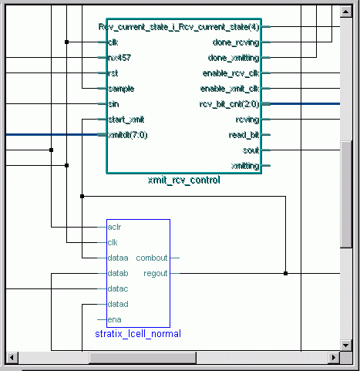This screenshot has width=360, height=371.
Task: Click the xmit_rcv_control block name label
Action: (184, 180)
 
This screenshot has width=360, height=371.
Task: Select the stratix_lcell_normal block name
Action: (138, 334)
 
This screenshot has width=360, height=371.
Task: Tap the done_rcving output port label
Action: (236, 42)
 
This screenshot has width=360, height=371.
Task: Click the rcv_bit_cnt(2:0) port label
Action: (229, 104)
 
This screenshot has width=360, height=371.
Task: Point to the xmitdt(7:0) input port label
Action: (128, 135)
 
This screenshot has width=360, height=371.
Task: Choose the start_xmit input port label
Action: (126, 120)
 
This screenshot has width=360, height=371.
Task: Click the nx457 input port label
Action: (119, 58)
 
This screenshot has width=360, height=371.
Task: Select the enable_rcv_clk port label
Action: (230, 73)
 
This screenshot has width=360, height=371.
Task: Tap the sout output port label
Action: (251, 150)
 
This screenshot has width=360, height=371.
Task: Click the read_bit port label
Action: (244, 135)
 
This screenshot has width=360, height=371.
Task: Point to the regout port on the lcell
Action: (156, 273)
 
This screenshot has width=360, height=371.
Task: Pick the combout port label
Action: (152, 258)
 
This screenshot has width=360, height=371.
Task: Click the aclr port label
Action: (114, 227)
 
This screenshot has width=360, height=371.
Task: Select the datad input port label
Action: (118, 304)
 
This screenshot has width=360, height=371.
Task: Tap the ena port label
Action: (114, 320)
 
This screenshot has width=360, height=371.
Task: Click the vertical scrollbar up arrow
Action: (345, 12)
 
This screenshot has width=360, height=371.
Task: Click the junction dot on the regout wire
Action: (285, 273)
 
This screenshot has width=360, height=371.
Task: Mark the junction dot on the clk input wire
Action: (66, 42)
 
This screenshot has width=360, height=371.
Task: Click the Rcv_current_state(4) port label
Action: (179, 27)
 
